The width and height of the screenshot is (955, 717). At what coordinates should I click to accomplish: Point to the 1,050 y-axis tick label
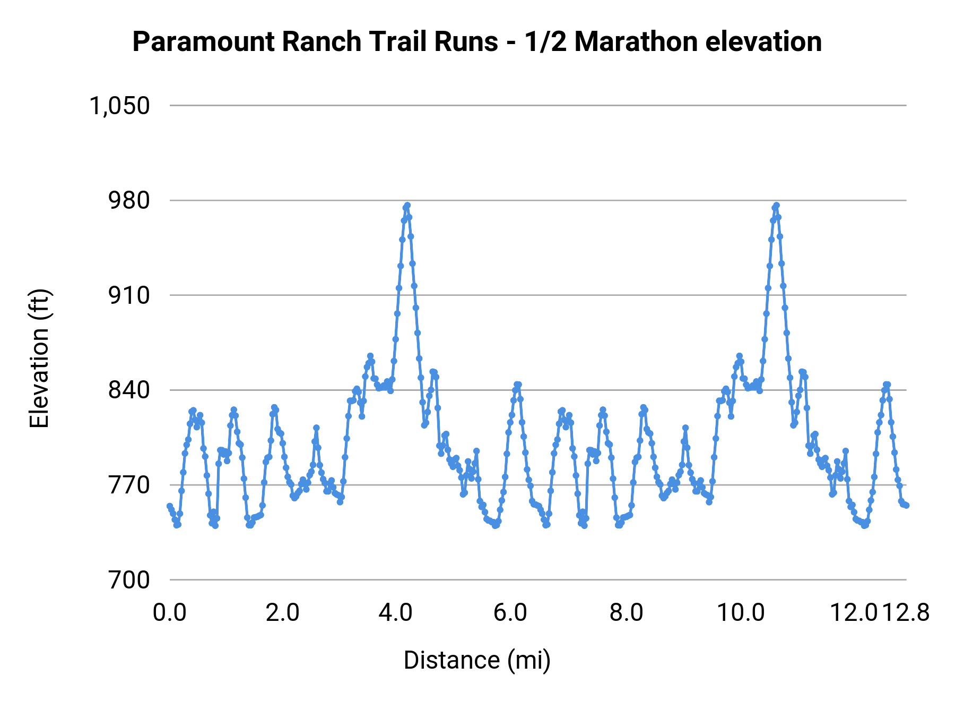point(119,106)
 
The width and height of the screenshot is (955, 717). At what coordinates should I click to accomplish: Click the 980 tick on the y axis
point(129,201)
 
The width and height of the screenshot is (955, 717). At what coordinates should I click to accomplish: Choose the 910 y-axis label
point(129,295)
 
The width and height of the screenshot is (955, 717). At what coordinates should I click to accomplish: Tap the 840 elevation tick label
point(129,390)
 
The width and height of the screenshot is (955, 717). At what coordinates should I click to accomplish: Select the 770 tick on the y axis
point(129,485)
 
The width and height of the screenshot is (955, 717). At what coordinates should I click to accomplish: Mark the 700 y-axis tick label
point(129,580)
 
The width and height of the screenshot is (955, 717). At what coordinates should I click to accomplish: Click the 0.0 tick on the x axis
point(170,613)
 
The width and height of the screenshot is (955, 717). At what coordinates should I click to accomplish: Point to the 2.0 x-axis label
point(283,613)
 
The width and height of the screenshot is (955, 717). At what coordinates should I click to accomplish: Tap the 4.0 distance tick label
point(396,613)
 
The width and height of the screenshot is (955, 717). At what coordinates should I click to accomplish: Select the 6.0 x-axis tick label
point(510,613)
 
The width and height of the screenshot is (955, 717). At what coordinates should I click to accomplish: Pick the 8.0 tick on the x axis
point(626,613)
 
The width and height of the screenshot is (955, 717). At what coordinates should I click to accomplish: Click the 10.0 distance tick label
point(741,613)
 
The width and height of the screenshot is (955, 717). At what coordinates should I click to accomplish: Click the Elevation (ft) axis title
point(39,359)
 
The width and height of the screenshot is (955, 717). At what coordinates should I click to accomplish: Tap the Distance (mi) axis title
point(477,660)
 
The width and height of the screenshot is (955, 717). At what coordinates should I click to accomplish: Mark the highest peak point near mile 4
point(407,206)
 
